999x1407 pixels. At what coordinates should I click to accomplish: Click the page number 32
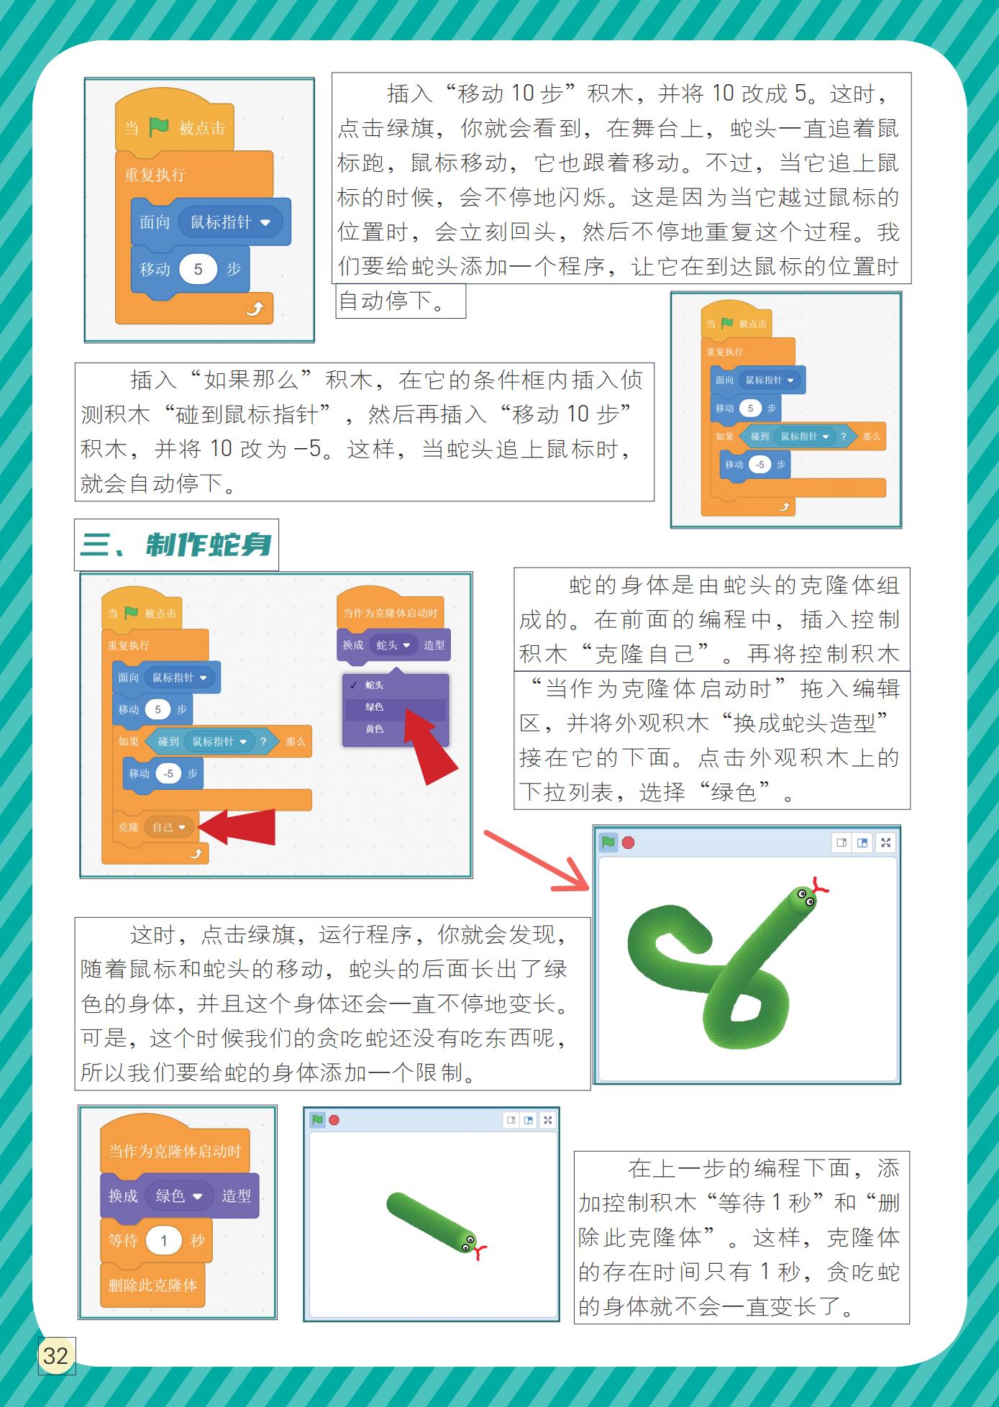(55, 1356)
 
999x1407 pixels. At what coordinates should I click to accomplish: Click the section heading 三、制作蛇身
(176, 545)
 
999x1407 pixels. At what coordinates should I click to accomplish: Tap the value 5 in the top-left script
(198, 269)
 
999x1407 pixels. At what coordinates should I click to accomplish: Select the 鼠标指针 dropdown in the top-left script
(230, 222)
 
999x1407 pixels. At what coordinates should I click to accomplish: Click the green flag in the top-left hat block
(158, 127)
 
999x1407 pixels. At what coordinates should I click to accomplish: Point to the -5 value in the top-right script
(760, 465)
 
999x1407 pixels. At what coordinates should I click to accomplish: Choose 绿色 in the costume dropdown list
(374, 707)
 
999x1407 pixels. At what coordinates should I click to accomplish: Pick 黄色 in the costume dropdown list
(374, 729)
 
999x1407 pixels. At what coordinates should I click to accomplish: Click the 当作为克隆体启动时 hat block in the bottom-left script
(175, 1150)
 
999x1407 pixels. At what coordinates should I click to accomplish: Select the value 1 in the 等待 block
(163, 1240)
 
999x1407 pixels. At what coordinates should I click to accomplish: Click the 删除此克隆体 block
(152, 1285)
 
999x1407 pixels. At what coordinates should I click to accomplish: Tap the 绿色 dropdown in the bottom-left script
(179, 1196)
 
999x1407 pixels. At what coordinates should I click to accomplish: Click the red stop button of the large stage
(628, 842)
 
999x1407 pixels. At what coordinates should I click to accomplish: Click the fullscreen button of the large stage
(885, 842)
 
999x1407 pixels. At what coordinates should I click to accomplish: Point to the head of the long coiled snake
(802, 899)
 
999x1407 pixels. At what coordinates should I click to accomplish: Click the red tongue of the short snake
(480, 1252)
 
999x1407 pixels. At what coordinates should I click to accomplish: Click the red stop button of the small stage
(334, 1120)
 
